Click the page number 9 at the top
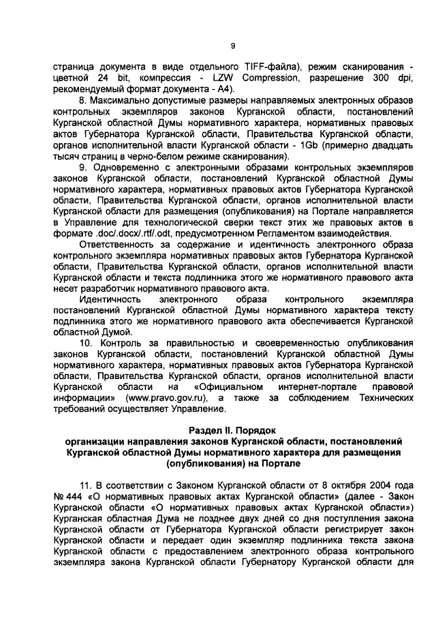[x=232, y=46]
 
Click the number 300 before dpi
[x=379, y=78]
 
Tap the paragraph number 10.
[x=86, y=340]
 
